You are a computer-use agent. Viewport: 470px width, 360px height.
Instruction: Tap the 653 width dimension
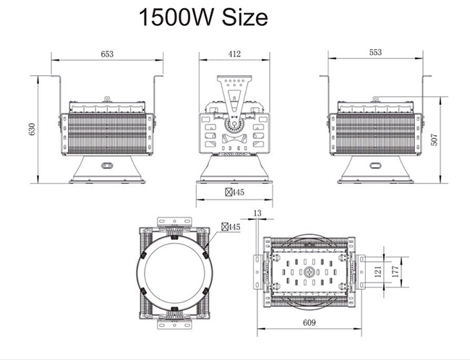coord(107,54)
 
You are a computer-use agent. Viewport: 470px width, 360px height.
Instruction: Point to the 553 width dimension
coord(375,53)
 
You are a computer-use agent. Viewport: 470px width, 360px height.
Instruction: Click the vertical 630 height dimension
coord(31,129)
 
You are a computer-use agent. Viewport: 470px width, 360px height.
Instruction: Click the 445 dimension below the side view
coord(234,192)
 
